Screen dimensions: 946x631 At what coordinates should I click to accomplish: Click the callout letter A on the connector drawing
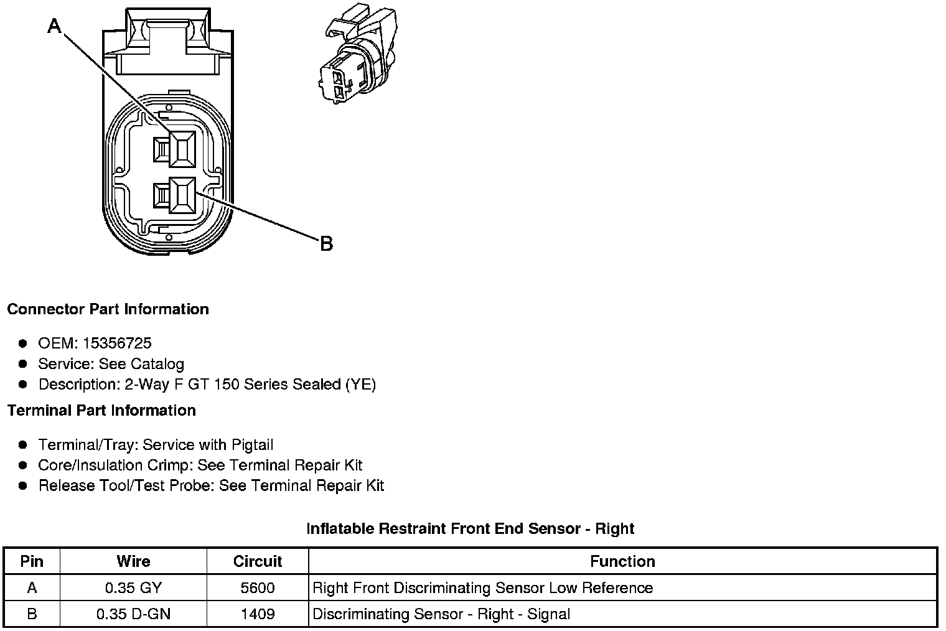(55, 26)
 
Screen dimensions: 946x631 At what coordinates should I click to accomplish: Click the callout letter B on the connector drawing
(326, 243)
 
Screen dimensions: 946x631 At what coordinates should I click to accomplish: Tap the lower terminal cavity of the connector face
(181, 195)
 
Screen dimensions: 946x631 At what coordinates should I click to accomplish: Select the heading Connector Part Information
(108, 309)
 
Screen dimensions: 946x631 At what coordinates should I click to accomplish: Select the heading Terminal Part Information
(101, 411)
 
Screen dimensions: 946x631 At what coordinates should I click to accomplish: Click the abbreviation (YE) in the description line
(360, 385)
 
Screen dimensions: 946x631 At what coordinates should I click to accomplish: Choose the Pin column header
(32, 561)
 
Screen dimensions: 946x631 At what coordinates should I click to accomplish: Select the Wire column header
(133, 561)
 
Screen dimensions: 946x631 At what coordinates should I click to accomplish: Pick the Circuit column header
(258, 561)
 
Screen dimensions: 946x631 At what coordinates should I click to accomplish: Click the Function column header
(622, 561)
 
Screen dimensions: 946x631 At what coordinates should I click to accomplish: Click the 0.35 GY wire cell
(133, 588)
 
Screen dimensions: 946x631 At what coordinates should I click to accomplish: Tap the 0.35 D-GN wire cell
(133, 614)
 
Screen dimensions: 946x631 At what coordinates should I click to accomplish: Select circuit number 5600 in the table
(258, 588)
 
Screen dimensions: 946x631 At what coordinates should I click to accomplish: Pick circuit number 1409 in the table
(258, 614)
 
